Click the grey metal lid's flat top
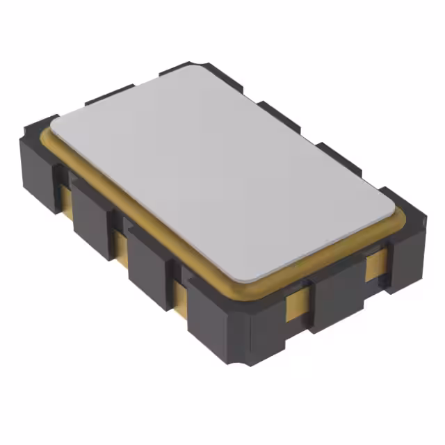pyautogui.click(x=222, y=174)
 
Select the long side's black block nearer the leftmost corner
pyautogui.click(x=92, y=216)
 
